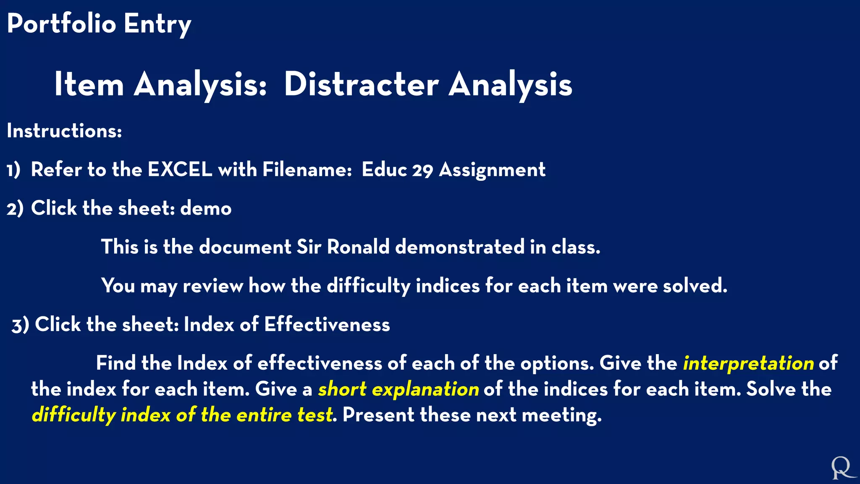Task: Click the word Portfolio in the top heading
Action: pos(61,24)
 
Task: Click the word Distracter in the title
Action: pos(361,84)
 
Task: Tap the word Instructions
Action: pos(64,131)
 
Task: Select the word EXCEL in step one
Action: pos(180,170)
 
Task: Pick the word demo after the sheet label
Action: pos(206,208)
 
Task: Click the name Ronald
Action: pos(358,247)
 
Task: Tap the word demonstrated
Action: pos(460,247)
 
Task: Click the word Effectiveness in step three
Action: pos(327,325)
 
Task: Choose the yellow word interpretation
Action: pos(748,363)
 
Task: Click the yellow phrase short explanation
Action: pos(398,389)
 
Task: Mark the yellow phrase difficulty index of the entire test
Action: pos(182,416)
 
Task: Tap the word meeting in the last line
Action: pos(561,416)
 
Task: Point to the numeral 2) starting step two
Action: pos(15,209)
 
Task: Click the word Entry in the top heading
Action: pos(157,24)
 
